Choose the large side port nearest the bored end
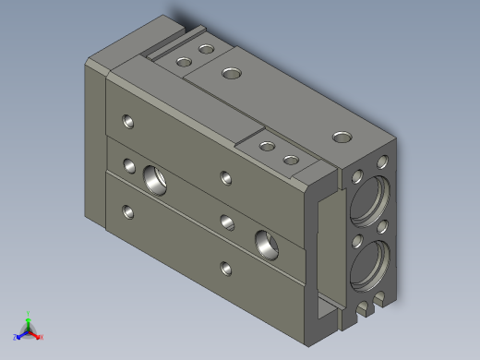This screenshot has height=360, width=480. (268, 243)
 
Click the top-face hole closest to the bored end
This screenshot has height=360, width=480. (342, 137)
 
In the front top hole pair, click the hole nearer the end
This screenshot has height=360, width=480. (291, 160)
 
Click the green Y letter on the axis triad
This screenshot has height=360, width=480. (30, 314)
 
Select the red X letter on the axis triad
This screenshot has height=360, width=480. (42, 338)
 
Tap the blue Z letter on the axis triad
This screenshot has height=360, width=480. (17, 338)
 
